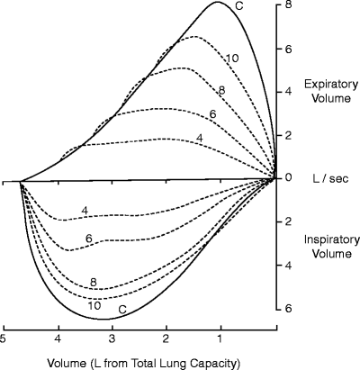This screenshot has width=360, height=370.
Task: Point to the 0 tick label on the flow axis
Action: coord(288,178)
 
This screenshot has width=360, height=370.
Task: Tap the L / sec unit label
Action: coord(321,178)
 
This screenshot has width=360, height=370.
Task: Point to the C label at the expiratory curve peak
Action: coord(239,7)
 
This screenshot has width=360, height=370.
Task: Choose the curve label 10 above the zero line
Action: coord(231,59)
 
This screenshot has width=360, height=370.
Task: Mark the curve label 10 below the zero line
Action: coord(94,305)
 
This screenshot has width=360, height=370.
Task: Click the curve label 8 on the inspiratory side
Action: coord(93,283)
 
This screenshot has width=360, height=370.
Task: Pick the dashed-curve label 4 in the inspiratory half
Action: coord(84,211)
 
